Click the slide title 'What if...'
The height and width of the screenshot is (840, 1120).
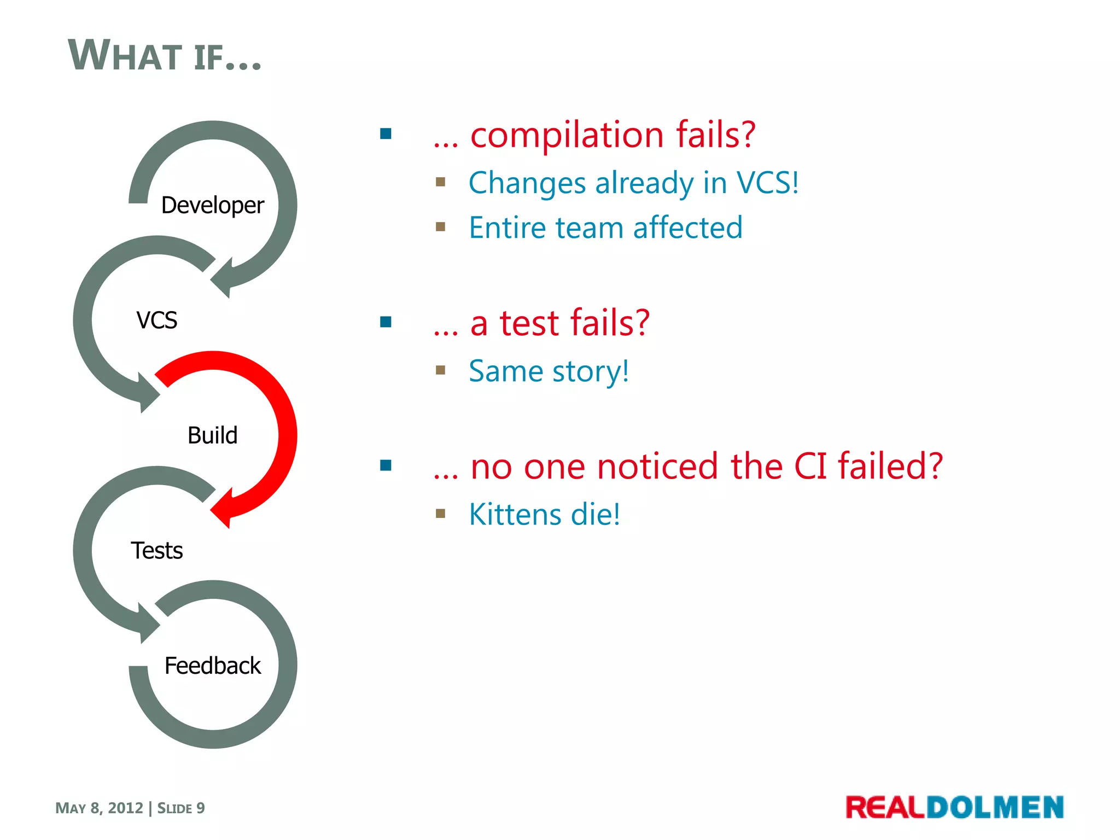[x=164, y=56]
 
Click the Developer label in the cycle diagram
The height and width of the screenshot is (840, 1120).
[x=212, y=206]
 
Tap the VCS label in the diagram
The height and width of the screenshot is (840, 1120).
[x=157, y=320]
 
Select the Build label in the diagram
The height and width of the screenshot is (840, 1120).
[x=212, y=436]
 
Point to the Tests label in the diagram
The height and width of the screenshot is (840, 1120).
[x=157, y=551]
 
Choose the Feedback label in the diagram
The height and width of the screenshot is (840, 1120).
[x=213, y=666]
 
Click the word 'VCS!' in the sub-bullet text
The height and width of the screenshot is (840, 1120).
[x=767, y=183]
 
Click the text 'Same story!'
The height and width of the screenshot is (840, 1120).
[x=549, y=371]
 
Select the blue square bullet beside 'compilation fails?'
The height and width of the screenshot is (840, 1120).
[x=386, y=134]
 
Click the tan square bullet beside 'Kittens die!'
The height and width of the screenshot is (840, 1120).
[x=441, y=514]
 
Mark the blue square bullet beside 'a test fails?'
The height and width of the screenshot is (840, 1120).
[x=386, y=322]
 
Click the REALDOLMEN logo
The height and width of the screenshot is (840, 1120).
[x=954, y=808]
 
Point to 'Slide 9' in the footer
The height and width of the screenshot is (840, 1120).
[x=181, y=808]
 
